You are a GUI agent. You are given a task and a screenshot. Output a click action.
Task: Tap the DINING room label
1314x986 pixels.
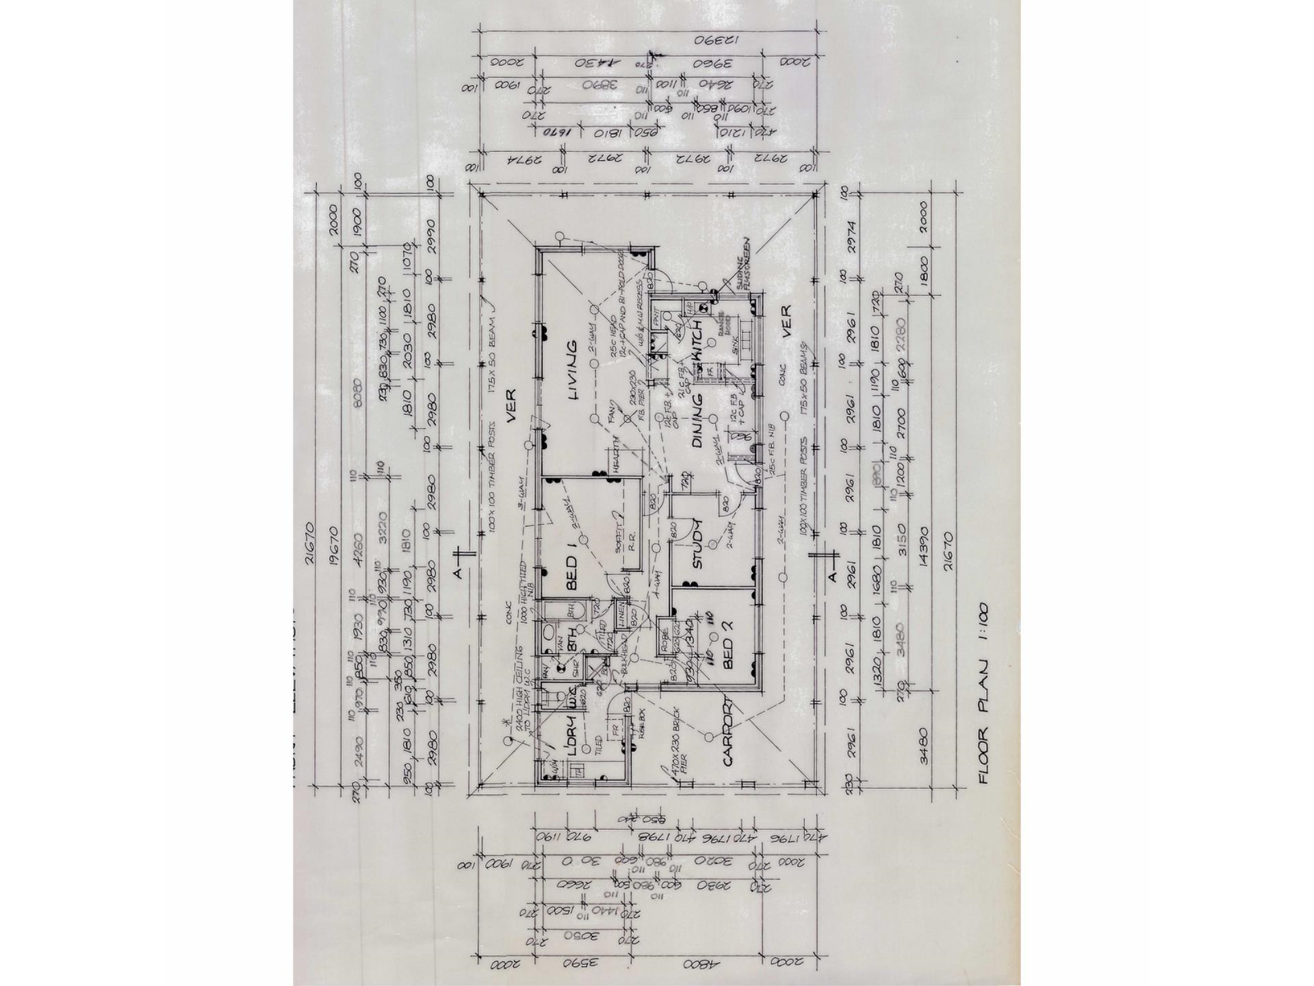697,420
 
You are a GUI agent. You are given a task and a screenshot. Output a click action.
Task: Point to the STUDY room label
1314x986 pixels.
697,544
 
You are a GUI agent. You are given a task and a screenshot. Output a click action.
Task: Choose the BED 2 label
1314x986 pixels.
727,654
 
